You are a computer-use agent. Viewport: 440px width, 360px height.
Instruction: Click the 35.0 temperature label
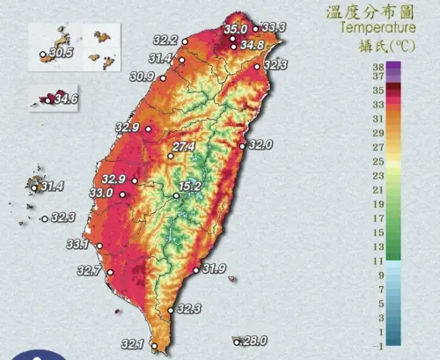point(235,29)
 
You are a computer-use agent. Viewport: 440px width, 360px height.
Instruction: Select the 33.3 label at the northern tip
point(274,28)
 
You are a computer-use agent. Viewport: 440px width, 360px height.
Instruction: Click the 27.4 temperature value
point(184,146)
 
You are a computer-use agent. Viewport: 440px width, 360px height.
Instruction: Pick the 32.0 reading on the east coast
point(261,144)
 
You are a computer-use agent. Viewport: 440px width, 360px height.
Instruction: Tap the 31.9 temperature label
point(215,268)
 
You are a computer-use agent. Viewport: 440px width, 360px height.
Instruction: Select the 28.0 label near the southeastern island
point(254,341)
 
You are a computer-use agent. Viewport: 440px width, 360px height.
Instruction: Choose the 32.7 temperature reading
point(89,270)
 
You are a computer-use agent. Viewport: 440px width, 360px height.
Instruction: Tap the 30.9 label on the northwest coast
point(143,77)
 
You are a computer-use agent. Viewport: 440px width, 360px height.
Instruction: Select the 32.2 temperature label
point(165,40)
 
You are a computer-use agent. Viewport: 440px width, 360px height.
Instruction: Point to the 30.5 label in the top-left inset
point(62,54)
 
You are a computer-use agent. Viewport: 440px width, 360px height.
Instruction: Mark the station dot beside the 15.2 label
point(176,195)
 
